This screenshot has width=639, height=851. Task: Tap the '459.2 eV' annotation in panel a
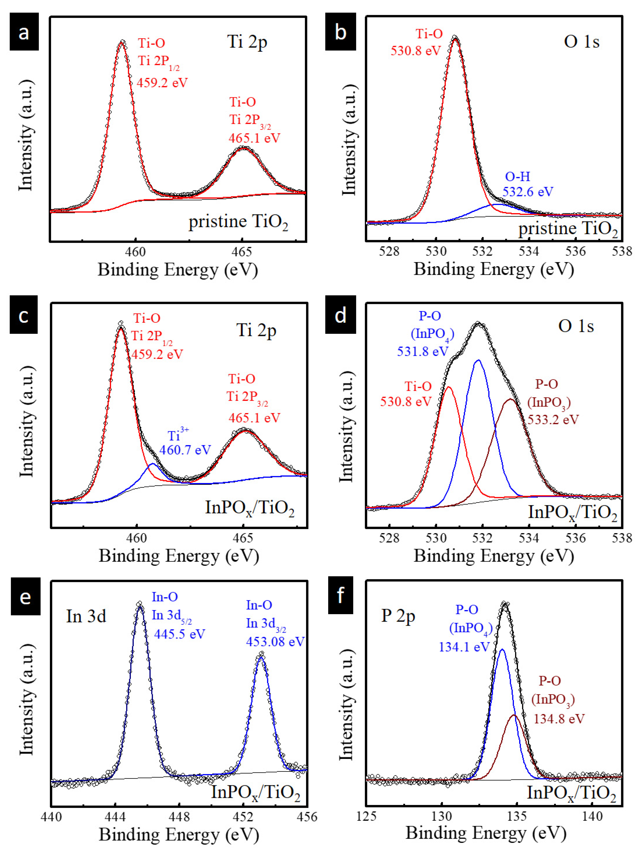(x=162, y=82)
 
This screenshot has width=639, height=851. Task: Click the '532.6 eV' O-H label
(x=528, y=192)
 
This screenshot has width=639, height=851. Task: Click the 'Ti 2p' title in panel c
(x=256, y=330)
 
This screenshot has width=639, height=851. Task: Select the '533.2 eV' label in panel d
(x=553, y=419)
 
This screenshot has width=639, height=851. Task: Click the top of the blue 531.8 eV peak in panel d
(x=479, y=360)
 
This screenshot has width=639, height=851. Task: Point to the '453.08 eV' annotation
(x=275, y=641)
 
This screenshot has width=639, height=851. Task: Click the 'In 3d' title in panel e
(x=86, y=616)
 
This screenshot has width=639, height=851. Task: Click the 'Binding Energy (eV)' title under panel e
(x=179, y=834)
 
